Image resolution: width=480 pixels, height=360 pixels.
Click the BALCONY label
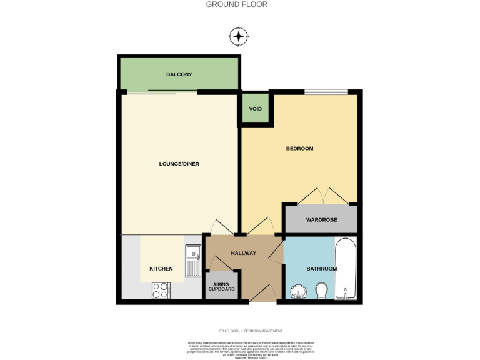179,74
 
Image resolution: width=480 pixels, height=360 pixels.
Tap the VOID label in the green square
255,109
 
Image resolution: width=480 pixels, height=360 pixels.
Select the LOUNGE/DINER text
179,164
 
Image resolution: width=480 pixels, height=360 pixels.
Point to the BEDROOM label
299,149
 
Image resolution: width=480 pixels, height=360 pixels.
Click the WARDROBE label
322,221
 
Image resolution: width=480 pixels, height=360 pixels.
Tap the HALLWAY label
243,253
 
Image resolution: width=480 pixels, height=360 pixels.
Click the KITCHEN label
161,269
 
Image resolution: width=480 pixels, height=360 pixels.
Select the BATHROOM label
321,269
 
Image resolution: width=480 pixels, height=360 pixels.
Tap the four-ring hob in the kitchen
161,291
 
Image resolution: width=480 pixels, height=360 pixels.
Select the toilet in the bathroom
322,291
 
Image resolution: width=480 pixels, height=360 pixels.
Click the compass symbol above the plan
239,36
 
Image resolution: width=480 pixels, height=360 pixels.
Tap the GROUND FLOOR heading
237,4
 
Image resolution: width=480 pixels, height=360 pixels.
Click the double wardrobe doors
322,196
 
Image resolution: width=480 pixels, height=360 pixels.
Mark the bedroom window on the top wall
326,92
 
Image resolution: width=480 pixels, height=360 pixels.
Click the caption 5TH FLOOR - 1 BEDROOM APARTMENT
251,330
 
